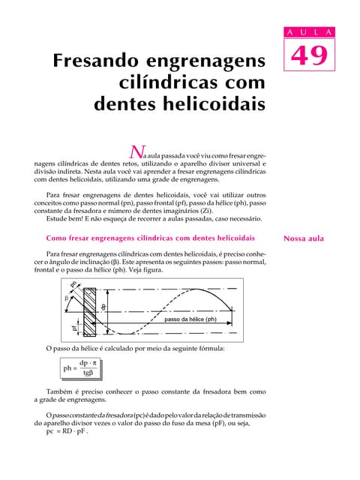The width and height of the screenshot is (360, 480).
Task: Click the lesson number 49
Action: (x=307, y=58)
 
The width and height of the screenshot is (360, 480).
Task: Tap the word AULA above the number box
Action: (x=307, y=32)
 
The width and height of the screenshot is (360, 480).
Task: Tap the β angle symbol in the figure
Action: (x=66, y=298)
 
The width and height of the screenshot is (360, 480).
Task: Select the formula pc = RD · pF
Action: (x=67, y=432)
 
